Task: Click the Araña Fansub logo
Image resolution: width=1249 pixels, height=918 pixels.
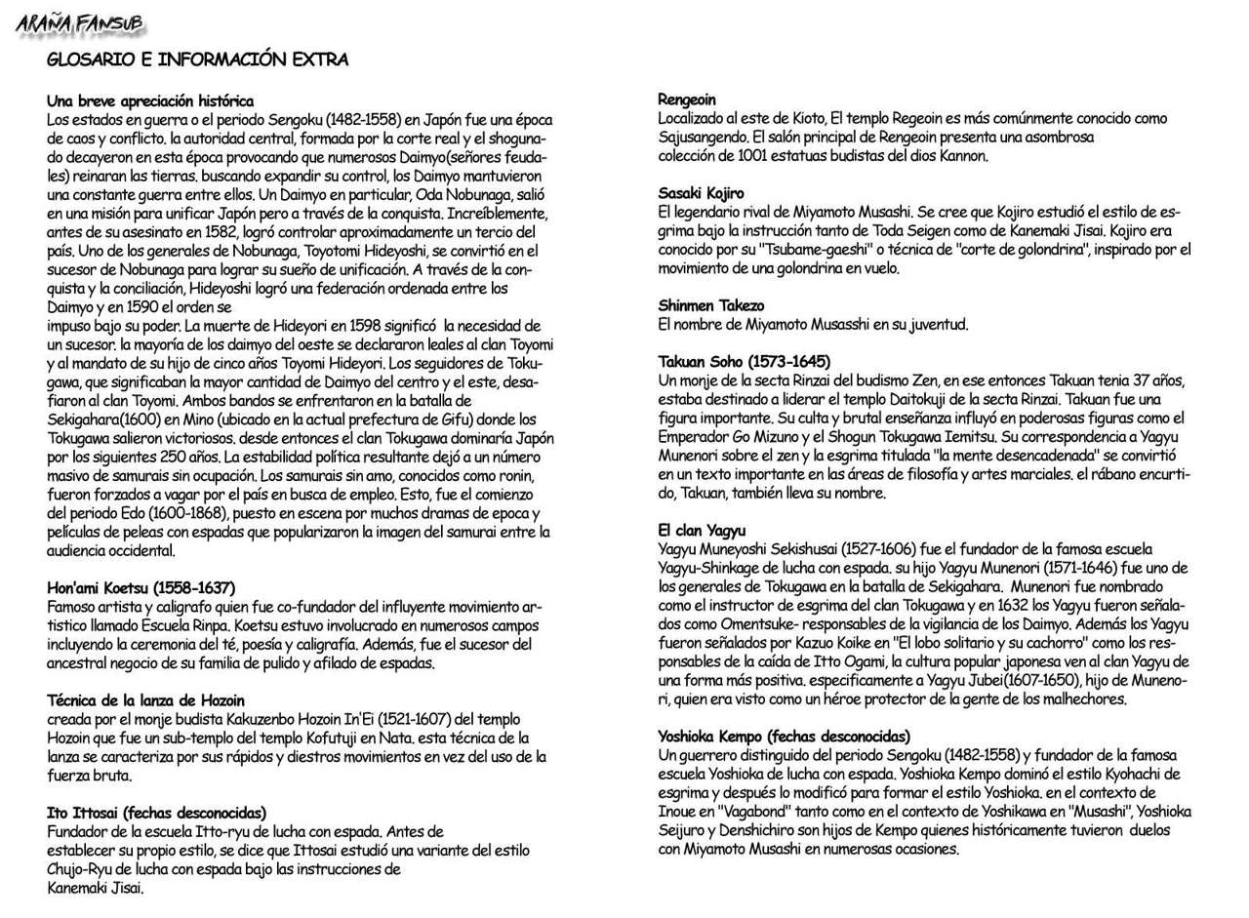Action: [x=79, y=23]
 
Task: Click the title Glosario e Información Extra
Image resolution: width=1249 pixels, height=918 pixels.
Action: [x=197, y=60]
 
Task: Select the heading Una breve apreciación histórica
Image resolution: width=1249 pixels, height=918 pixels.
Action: [x=150, y=101]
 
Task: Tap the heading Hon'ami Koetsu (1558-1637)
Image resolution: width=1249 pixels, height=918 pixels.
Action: [x=141, y=588]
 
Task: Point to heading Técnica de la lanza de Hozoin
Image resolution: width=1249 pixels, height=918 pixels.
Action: [x=145, y=700]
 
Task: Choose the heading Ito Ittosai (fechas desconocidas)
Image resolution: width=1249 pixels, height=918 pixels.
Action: [x=156, y=813]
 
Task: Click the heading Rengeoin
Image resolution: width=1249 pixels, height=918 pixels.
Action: [x=687, y=100]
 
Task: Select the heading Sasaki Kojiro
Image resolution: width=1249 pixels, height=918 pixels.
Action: [x=701, y=193]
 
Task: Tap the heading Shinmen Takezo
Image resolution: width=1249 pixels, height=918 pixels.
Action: [x=711, y=306]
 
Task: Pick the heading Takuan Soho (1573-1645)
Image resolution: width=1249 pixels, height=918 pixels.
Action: [x=745, y=362]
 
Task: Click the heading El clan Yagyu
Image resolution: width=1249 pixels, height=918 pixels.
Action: [x=702, y=531]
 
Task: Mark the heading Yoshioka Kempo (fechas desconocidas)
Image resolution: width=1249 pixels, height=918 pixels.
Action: [x=785, y=737]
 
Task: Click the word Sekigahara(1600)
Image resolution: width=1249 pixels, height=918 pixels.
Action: [x=104, y=419]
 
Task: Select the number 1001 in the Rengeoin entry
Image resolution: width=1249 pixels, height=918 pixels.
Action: [x=755, y=156]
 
